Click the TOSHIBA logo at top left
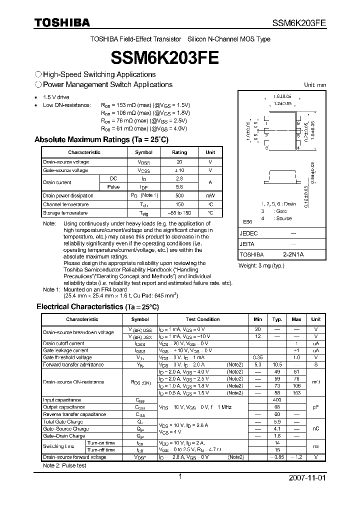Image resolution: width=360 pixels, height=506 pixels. [62, 22]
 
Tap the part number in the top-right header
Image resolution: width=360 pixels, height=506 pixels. [299, 23]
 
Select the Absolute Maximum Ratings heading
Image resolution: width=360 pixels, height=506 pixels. [102, 139]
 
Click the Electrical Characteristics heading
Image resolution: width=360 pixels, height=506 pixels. [97, 306]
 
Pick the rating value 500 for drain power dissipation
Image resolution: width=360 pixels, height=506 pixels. [179, 195]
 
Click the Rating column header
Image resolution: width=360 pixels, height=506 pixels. [179, 152]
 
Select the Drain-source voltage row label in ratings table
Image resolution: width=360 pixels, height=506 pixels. [66, 162]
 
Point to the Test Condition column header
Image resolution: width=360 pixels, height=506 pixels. [202, 319]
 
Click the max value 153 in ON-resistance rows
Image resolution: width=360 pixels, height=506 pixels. [296, 393]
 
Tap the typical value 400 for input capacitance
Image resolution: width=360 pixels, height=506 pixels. [277, 400]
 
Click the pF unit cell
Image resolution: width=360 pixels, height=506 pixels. [316, 407]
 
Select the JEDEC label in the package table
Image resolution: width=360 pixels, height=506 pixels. [249, 233]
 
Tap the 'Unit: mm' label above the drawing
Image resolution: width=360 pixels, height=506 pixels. [315, 85]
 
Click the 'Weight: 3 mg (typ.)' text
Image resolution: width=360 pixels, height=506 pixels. [261, 265]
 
